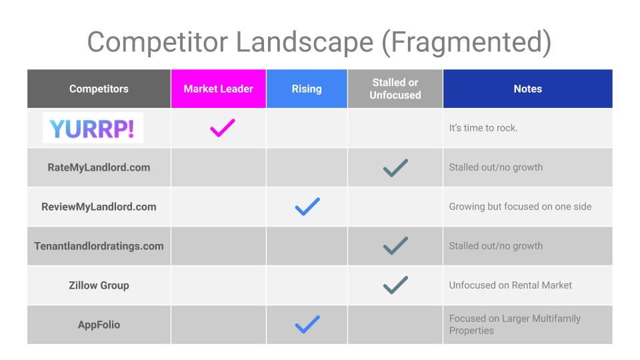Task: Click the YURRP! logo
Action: point(93,128)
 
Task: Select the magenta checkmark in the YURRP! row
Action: point(223,128)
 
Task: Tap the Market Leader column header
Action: point(219,89)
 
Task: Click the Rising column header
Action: point(307,89)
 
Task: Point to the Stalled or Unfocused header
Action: point(395,89)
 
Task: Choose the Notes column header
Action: point(528,89)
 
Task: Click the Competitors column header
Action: point(99,89)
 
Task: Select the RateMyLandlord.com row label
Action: point(99,167)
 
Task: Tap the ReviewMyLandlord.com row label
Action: point(99,207)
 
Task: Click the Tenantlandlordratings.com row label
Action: point(99,246)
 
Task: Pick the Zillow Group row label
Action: point(99,285)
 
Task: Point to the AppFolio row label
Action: point(99,325)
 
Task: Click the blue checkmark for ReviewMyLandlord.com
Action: point(307,207)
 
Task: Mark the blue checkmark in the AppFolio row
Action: point(307,325)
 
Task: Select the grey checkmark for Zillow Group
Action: point(395,285)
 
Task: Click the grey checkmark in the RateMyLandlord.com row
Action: point(395,167)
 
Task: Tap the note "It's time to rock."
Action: point(483,128)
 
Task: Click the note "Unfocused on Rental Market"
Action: point(510,285)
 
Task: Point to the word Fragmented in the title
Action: point(467,43)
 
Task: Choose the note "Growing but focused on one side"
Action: point(520,207)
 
